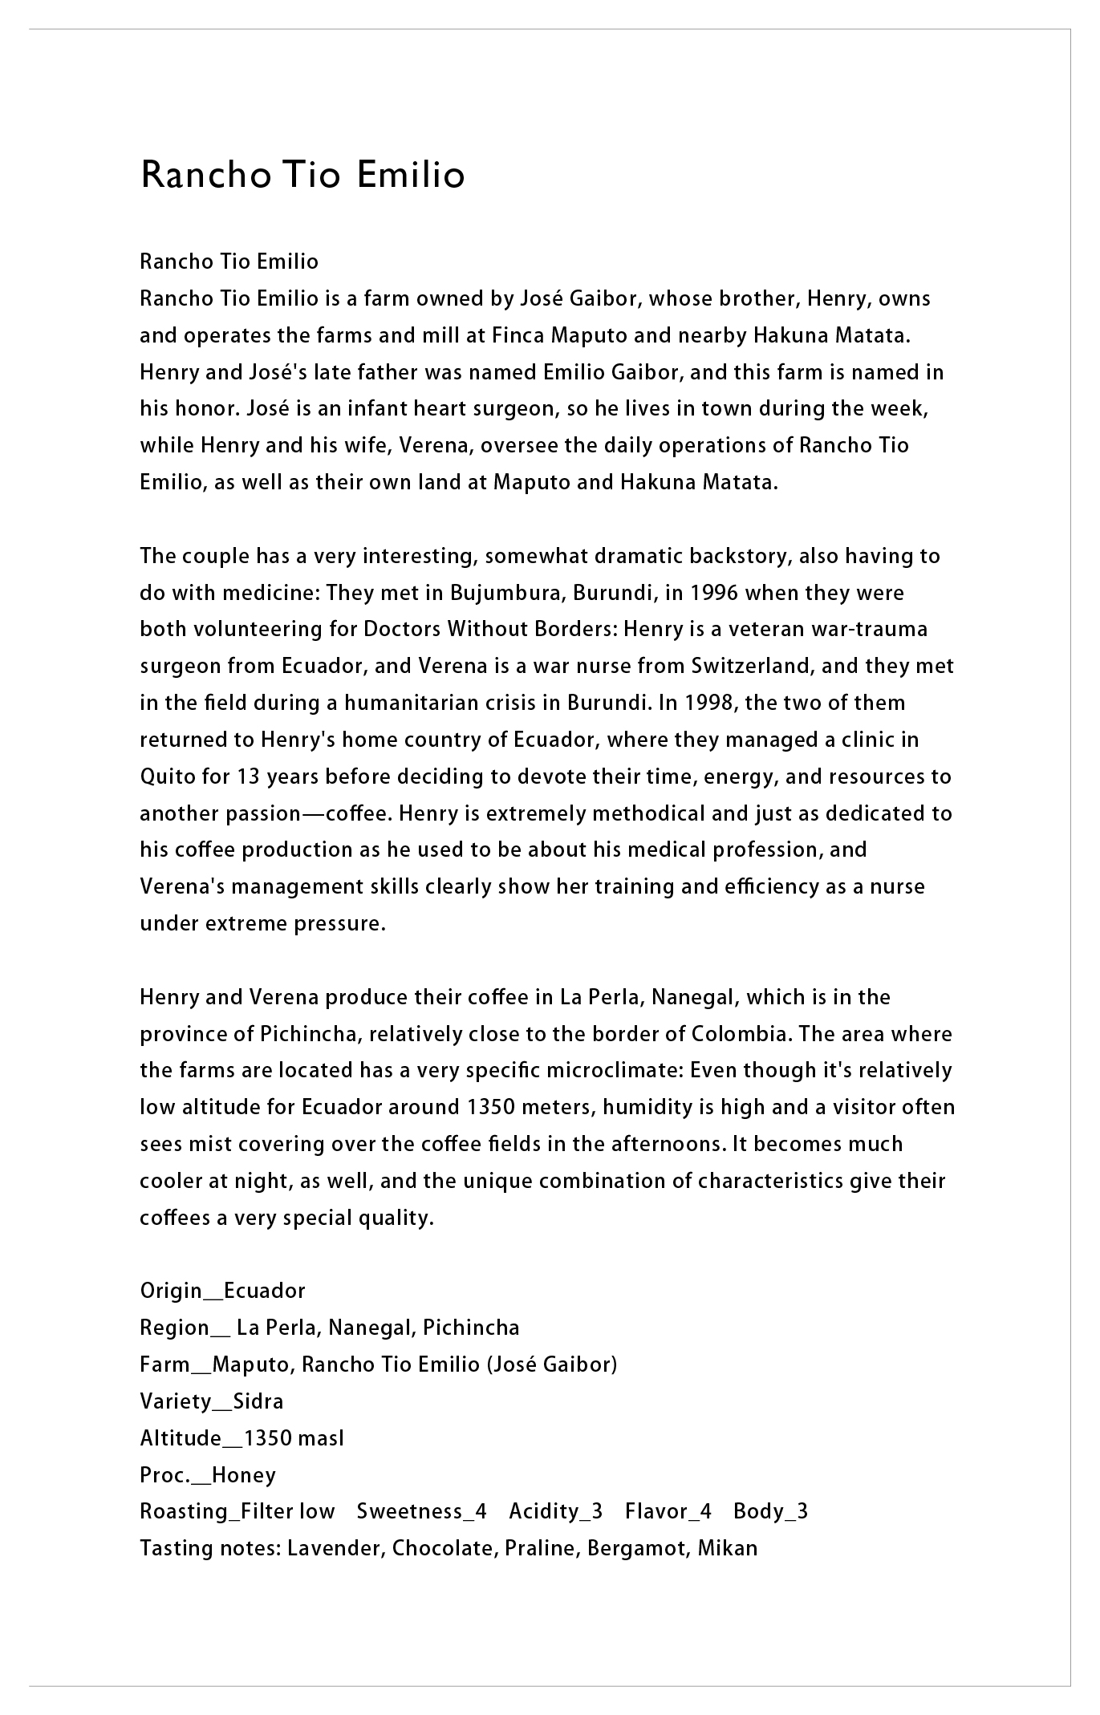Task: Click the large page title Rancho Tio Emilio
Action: coord(302,175)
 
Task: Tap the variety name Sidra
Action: coord(258,1401)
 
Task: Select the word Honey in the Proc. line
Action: coord(244,1475)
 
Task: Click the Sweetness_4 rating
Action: coord(421,1511)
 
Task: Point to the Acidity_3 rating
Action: coord(555,1511)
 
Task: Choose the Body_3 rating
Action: coord(770,1511)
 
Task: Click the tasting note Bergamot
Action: coord(637,1548)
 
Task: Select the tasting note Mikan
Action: coord(727,1548)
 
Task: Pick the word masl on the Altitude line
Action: coord(321,1438)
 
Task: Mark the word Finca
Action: coord(517,335)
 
